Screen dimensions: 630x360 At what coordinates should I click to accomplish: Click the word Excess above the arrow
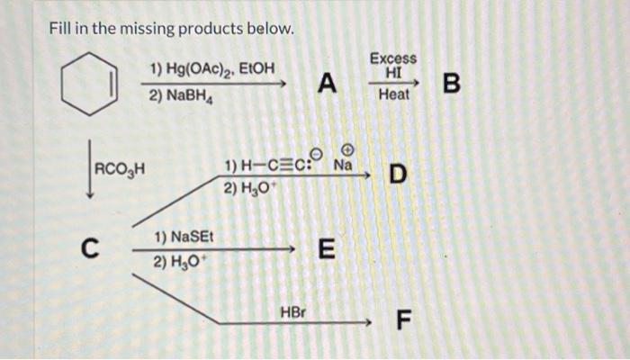pyautogui.click(x=393, y=58)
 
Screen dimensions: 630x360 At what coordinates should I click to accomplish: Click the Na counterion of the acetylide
pyautogui.click(x=342, y=166)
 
